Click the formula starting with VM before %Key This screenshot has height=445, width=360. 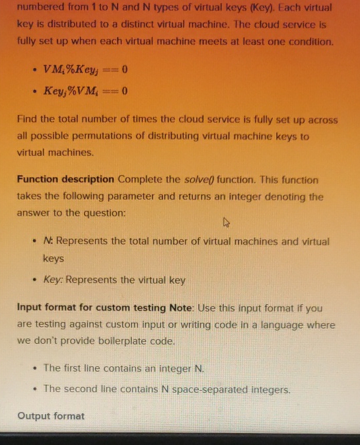coord(85,69)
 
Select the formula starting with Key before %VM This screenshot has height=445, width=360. coord(85,91)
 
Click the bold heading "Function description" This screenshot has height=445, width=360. coord(65,179)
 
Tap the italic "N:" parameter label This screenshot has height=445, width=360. coord(48,241)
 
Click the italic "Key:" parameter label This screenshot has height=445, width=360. coord(53,280)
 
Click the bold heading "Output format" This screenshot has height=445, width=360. coord(51,416)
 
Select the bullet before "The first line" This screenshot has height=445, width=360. coord(34,368)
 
